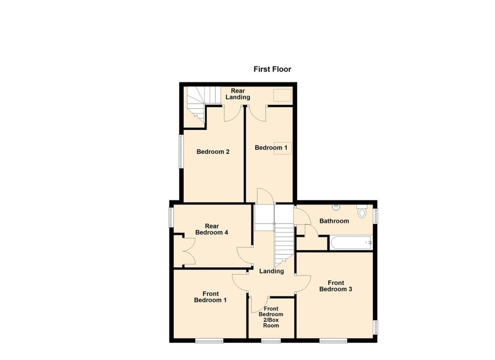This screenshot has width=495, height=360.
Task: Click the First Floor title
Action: [x=272, y=69]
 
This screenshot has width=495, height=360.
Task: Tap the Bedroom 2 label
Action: [x=213, y=152]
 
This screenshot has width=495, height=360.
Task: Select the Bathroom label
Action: [x=334, y=221]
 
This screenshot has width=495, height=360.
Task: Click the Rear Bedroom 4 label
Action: [x=211, y=230]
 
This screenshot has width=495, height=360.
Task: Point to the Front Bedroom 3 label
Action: [x=335, y=286]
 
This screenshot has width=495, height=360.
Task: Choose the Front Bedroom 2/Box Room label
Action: [x=271, y=317]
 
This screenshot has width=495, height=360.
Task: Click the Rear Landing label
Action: [x=237, y=94]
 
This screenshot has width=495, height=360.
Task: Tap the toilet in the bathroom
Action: [x=363, y=212]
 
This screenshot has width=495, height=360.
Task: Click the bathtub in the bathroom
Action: [x=351, y=242]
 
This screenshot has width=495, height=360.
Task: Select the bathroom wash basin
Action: [x=336, y=208]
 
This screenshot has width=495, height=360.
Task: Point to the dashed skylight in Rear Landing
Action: [x=282, y=95]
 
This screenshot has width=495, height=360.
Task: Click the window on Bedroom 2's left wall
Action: [x=181, y=151]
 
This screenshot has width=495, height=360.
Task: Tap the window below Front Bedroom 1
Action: [x=209, y=341]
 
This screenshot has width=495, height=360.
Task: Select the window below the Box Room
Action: [x=271, y=341]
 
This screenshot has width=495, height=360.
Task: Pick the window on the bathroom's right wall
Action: [x=376, y=216]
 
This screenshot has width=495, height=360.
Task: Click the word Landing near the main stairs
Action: [x=271, y=271]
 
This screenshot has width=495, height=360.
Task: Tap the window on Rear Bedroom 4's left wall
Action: [x=171, y=217]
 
